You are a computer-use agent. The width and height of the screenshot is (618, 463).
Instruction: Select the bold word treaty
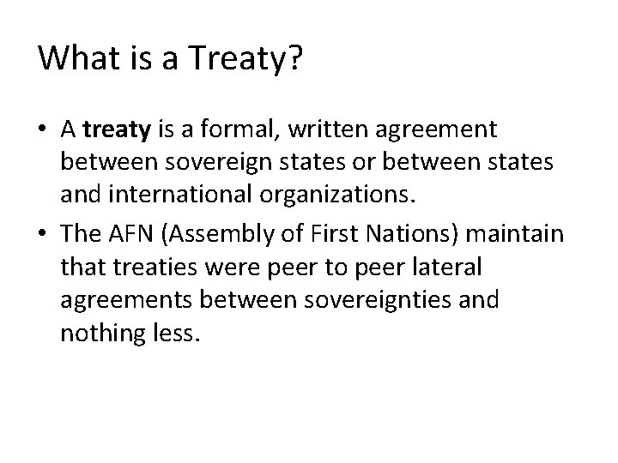(x=117, y=129)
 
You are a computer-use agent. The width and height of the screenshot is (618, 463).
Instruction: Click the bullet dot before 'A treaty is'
(x=44, y=130)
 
